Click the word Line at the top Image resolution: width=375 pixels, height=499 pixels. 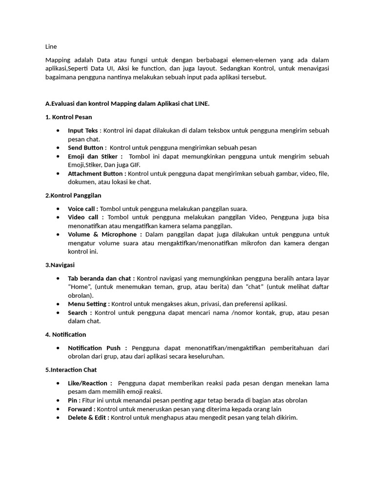(x=51, y=47)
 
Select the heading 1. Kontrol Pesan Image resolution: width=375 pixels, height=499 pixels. (x=68, y=117)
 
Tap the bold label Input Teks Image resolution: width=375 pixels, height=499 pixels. (x=83, y=131)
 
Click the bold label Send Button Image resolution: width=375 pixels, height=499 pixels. (x=86, y=148)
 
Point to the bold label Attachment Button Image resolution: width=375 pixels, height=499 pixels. (x=97, y=173)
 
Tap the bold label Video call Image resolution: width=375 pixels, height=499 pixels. (x=83, y=217)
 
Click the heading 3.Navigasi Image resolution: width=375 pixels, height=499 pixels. (x=60, y=265)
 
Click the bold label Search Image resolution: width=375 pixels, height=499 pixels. (x=78, y=313)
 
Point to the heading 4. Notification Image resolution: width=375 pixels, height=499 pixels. (x=65, y=335)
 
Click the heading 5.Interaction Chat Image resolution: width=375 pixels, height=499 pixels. (x=71, y=370)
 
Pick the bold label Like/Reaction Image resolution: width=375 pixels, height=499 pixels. (x=90, y=384)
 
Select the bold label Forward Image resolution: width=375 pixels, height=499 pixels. (x=82, y=409)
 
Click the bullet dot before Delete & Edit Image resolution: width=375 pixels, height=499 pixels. (x=59, y=418)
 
